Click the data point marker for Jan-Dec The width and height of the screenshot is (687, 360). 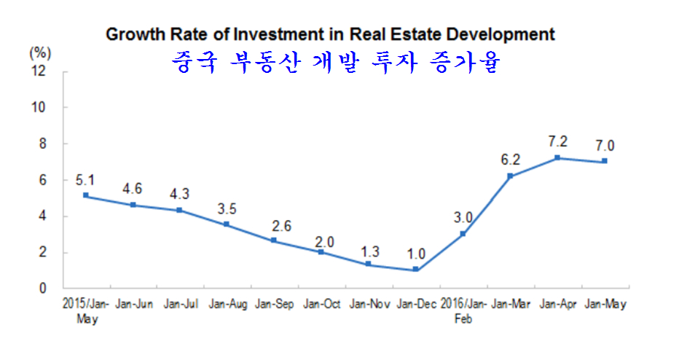(x=415, y=270)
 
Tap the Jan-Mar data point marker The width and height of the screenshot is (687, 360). (x=510, y=176)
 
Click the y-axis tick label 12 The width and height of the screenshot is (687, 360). (x=39, y=71)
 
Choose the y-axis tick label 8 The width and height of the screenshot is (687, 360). (x=44, y=144)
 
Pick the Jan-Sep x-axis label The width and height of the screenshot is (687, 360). (x=273, y=305)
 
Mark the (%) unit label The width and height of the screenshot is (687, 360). (x=41, y=52)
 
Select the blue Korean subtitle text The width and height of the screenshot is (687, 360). (x=336, y=63)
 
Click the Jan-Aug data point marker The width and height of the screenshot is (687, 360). (x=227, y=224)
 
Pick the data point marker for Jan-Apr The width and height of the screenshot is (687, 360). (x=557, y=157)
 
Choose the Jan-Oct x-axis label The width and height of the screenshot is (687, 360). (x=321, y=305)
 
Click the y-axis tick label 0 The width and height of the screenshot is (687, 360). (x=44, y=289)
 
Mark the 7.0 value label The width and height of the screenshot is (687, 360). (x=605, y=144)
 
